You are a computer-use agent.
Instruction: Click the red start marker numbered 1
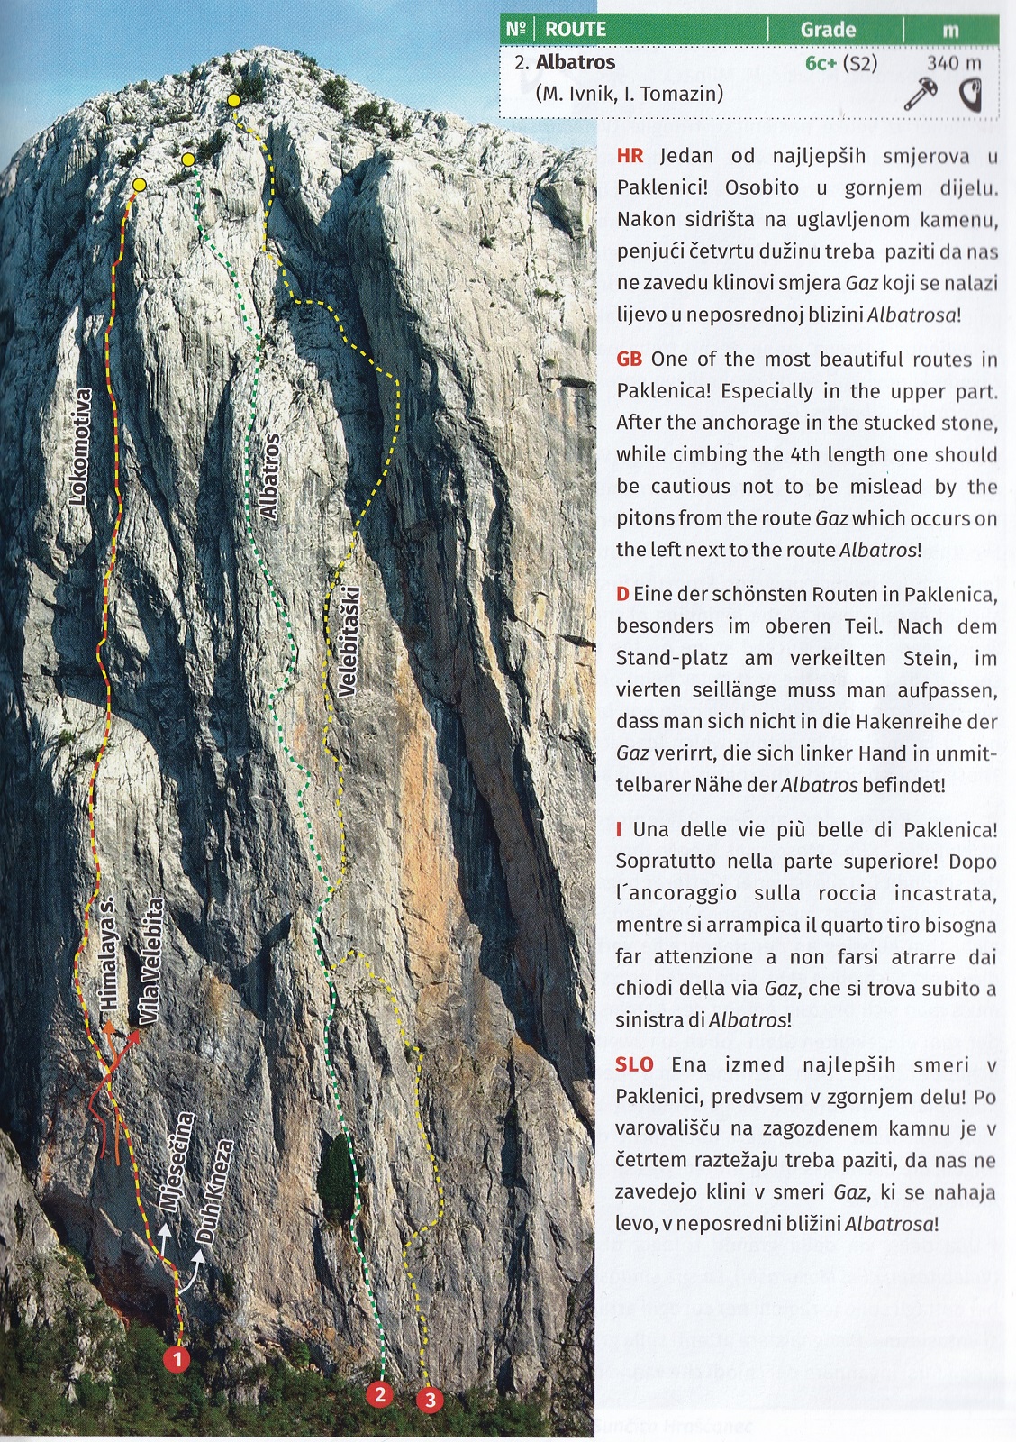177,1357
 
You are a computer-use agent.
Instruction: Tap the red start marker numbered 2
380,1394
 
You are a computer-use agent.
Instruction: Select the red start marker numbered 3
431,1400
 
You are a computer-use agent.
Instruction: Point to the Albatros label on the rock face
268,475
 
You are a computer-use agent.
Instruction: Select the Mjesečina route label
175,1162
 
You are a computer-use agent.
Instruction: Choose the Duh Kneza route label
216,1191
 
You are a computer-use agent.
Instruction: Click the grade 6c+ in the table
821,63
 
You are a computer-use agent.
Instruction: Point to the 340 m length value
954,63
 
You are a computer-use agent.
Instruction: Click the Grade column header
828,30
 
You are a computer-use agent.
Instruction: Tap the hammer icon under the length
921,93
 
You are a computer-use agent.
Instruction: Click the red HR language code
630,156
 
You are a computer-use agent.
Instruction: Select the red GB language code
629,360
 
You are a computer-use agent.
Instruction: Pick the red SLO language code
634,1064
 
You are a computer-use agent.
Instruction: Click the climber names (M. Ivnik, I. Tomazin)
629,93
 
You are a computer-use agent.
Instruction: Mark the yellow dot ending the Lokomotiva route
140,185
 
